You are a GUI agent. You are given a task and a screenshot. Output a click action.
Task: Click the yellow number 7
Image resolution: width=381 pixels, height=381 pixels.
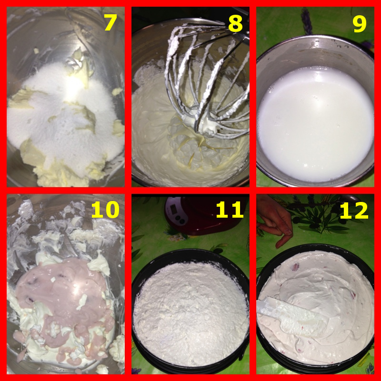111,22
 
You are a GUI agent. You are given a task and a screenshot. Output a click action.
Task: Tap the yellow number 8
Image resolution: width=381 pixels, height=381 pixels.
235,23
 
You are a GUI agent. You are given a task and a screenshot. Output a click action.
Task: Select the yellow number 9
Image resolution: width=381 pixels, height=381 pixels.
360,23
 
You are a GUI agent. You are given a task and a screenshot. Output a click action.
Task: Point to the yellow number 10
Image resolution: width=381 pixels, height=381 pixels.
105,210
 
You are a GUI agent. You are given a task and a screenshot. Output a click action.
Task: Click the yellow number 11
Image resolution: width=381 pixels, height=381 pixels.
230,210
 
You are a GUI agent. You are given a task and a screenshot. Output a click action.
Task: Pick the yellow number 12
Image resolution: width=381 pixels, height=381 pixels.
354,210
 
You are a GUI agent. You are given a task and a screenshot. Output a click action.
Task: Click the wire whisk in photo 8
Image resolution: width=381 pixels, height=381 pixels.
207,80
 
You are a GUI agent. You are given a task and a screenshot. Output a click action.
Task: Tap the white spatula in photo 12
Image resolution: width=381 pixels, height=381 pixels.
291,316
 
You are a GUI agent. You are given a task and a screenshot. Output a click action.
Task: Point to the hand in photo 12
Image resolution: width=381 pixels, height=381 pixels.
276,219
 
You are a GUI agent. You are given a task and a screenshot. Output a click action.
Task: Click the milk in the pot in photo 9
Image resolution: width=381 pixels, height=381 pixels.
315,124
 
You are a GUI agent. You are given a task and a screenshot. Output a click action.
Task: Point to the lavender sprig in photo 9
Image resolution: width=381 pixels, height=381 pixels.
307,21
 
